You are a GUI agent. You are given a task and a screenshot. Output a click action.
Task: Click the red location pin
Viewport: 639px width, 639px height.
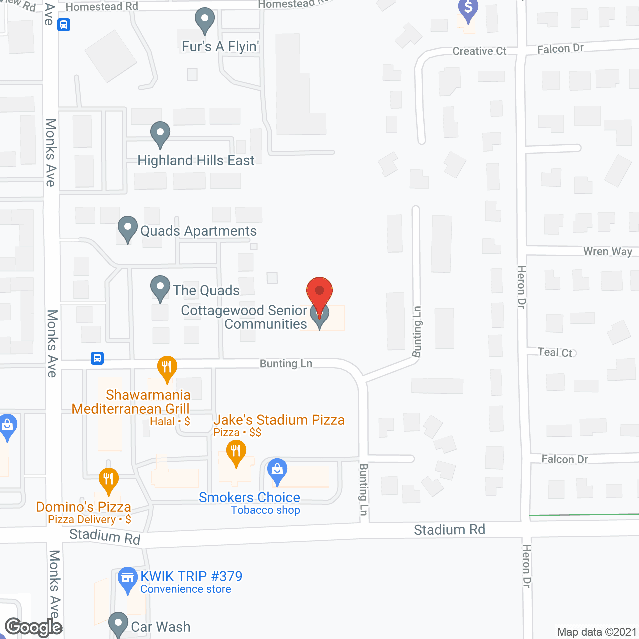(319, 291)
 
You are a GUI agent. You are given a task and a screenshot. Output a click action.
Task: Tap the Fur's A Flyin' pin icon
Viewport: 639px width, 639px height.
(204, 20)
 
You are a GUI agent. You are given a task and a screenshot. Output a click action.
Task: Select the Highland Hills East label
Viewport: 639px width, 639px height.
(196, 161)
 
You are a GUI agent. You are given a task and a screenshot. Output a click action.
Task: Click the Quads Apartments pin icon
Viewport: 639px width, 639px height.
(128, 228)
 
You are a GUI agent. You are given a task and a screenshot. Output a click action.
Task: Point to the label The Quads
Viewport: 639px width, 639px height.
(206, 290)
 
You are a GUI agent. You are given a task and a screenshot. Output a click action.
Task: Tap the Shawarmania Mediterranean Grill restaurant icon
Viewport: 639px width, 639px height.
(167, 367)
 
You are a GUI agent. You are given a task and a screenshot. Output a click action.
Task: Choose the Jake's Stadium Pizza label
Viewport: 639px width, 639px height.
(279, 420)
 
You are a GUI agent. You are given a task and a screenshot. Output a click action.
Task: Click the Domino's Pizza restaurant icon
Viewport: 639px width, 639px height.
(108, 479)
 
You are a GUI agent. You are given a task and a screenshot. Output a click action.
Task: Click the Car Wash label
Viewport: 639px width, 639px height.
(160, 627)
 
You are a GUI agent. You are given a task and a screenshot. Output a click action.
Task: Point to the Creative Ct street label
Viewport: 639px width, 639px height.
(479, 51)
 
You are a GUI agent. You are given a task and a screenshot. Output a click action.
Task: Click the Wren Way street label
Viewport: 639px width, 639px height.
(608, 251)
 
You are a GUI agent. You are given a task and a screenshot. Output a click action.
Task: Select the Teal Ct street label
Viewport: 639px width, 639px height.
(555, 352)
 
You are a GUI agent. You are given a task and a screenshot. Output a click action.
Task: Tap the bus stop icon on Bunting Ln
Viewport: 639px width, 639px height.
(97, 358)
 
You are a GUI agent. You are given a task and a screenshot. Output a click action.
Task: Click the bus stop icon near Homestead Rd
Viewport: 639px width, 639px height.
(64, 24)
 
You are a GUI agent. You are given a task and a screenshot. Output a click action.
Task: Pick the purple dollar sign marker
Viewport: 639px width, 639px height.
(468, 9)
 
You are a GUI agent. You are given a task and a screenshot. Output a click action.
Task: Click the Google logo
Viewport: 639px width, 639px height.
(33, 627)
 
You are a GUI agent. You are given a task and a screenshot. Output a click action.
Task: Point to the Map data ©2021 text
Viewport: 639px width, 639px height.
(597, 632)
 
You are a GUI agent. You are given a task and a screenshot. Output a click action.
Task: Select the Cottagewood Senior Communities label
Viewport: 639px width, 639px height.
(244, 317)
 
